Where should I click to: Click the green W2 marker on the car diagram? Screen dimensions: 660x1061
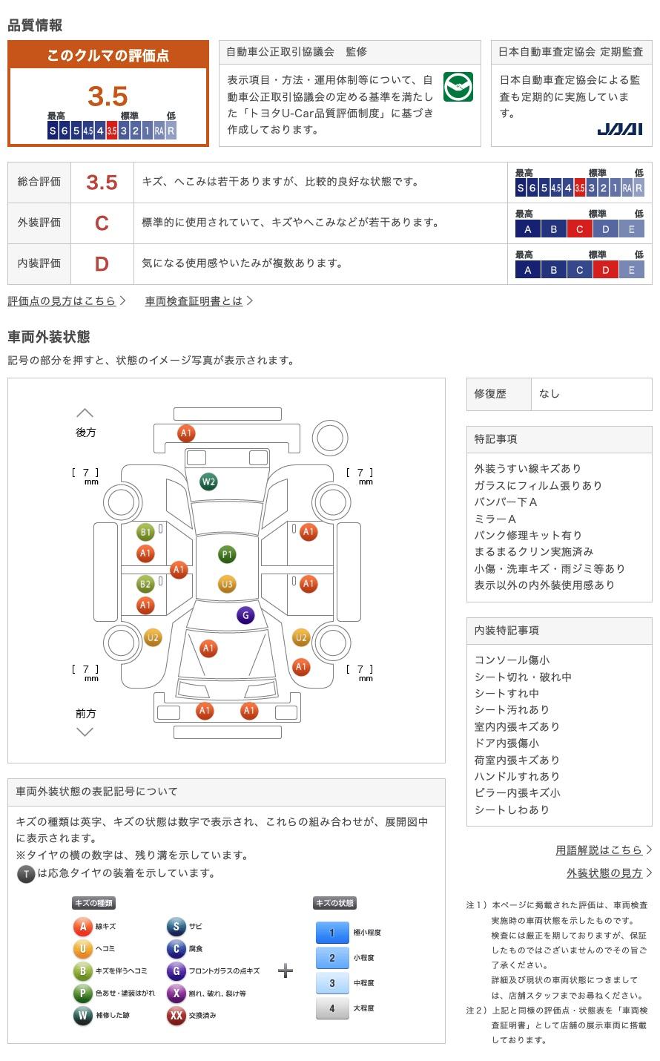(208, 482)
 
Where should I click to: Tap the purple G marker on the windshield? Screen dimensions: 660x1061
(245, 615)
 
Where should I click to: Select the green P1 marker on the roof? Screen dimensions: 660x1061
(227, 554)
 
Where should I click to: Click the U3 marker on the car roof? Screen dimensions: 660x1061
(227, 584)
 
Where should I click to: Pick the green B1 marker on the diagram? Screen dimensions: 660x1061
(145, 532)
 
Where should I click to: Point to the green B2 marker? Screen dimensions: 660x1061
(145, 584)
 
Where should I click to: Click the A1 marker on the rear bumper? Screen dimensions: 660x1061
(186, 433)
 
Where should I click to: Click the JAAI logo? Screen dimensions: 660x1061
(620, 129)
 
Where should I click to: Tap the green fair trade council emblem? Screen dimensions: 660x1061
(458, 87)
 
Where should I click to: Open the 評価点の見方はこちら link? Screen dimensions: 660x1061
(62, 301)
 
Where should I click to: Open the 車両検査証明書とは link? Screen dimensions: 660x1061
(194, 301)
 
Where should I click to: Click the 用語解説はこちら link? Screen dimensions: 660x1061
(598, 850)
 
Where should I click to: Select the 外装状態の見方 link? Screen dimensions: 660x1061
(604, 873)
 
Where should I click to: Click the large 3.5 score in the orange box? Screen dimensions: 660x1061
(108, 96)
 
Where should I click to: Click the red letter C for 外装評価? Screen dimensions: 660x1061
(102, 223)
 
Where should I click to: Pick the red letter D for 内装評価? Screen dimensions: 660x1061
(102, 264)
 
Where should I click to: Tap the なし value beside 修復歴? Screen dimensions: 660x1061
(550, 394)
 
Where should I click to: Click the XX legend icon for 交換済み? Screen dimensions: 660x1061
(176, 1015)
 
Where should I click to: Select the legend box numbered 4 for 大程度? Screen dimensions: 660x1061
(332, 1008)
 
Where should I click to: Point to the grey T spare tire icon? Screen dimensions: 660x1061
(26, 874)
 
